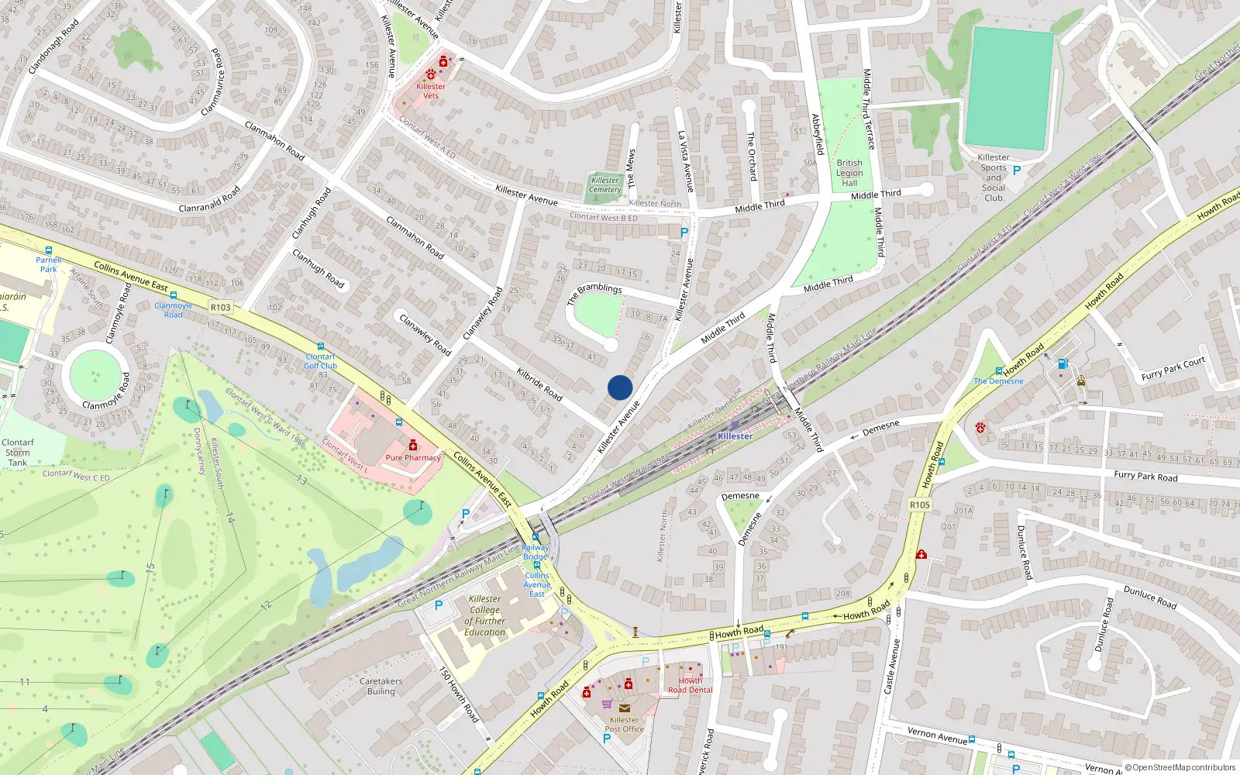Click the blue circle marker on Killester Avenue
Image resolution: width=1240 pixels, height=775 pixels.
(620, 387)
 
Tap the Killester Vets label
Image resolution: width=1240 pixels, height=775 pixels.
(431, 91)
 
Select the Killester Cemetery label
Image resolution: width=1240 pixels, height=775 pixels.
(605, 184)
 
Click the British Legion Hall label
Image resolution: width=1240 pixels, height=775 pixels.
(849, 173)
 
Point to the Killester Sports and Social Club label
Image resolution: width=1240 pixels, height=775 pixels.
(994, 177)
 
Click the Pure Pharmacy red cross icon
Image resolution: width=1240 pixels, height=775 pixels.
(413, 445)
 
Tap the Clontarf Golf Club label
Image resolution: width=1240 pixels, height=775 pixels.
(320, 361)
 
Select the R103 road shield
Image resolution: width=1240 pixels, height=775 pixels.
(221, 307)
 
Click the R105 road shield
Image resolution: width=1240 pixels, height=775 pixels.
(919, 505)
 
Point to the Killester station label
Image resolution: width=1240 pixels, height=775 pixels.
(735, 436)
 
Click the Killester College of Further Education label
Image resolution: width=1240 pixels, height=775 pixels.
(485, 615)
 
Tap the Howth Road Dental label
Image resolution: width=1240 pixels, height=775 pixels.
(690, 685)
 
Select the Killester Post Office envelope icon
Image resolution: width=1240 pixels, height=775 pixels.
(625, 708)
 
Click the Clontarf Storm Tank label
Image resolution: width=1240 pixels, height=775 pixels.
(17, 453)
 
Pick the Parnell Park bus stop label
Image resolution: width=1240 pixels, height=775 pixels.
(48, 264)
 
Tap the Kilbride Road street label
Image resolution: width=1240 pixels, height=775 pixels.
(539, 383)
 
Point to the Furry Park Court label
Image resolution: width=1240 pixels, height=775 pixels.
(1173, 368)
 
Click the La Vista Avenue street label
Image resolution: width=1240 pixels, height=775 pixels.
(685, 161)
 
